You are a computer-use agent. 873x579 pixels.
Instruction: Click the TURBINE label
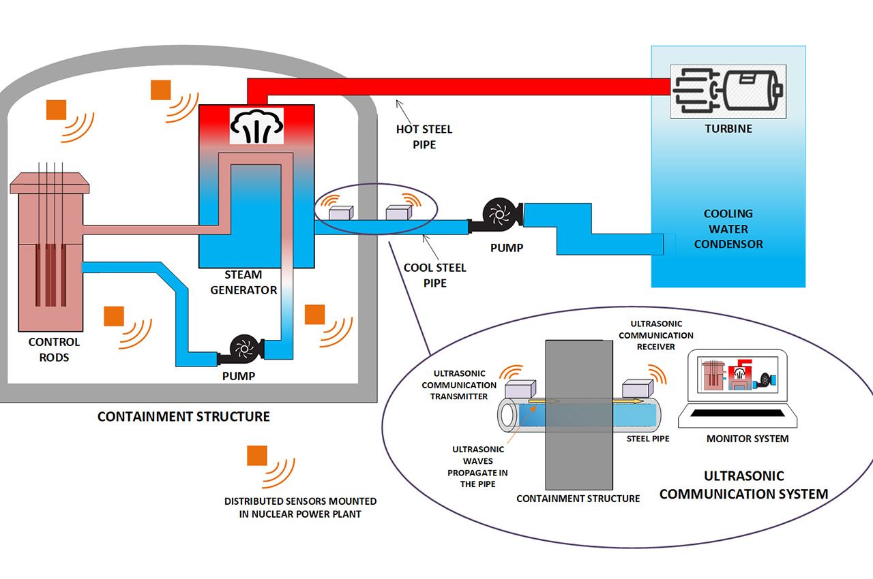tap(728, 128)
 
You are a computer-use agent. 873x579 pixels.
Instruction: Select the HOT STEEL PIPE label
tap(424, 136)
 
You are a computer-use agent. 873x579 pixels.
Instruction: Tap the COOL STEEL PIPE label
tap(434, 275)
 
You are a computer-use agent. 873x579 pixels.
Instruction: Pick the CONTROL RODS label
tap(54, 349)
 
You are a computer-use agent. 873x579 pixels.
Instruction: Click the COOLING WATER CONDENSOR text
tap(728, 229)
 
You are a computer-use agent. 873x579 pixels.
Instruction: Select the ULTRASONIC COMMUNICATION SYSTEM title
tap(743, 484)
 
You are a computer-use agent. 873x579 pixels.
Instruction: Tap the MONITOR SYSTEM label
tap(748, 439)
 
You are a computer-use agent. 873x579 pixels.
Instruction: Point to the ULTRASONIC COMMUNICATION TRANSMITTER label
tap(459, 384)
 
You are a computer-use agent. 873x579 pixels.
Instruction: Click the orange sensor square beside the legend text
tap(257, 456)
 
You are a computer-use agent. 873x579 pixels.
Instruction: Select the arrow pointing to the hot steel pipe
tap(404, 109)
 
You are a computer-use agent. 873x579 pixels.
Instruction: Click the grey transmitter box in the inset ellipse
tap(520, 390)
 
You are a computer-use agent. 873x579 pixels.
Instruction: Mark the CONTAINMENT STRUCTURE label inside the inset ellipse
tap(578, 499)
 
